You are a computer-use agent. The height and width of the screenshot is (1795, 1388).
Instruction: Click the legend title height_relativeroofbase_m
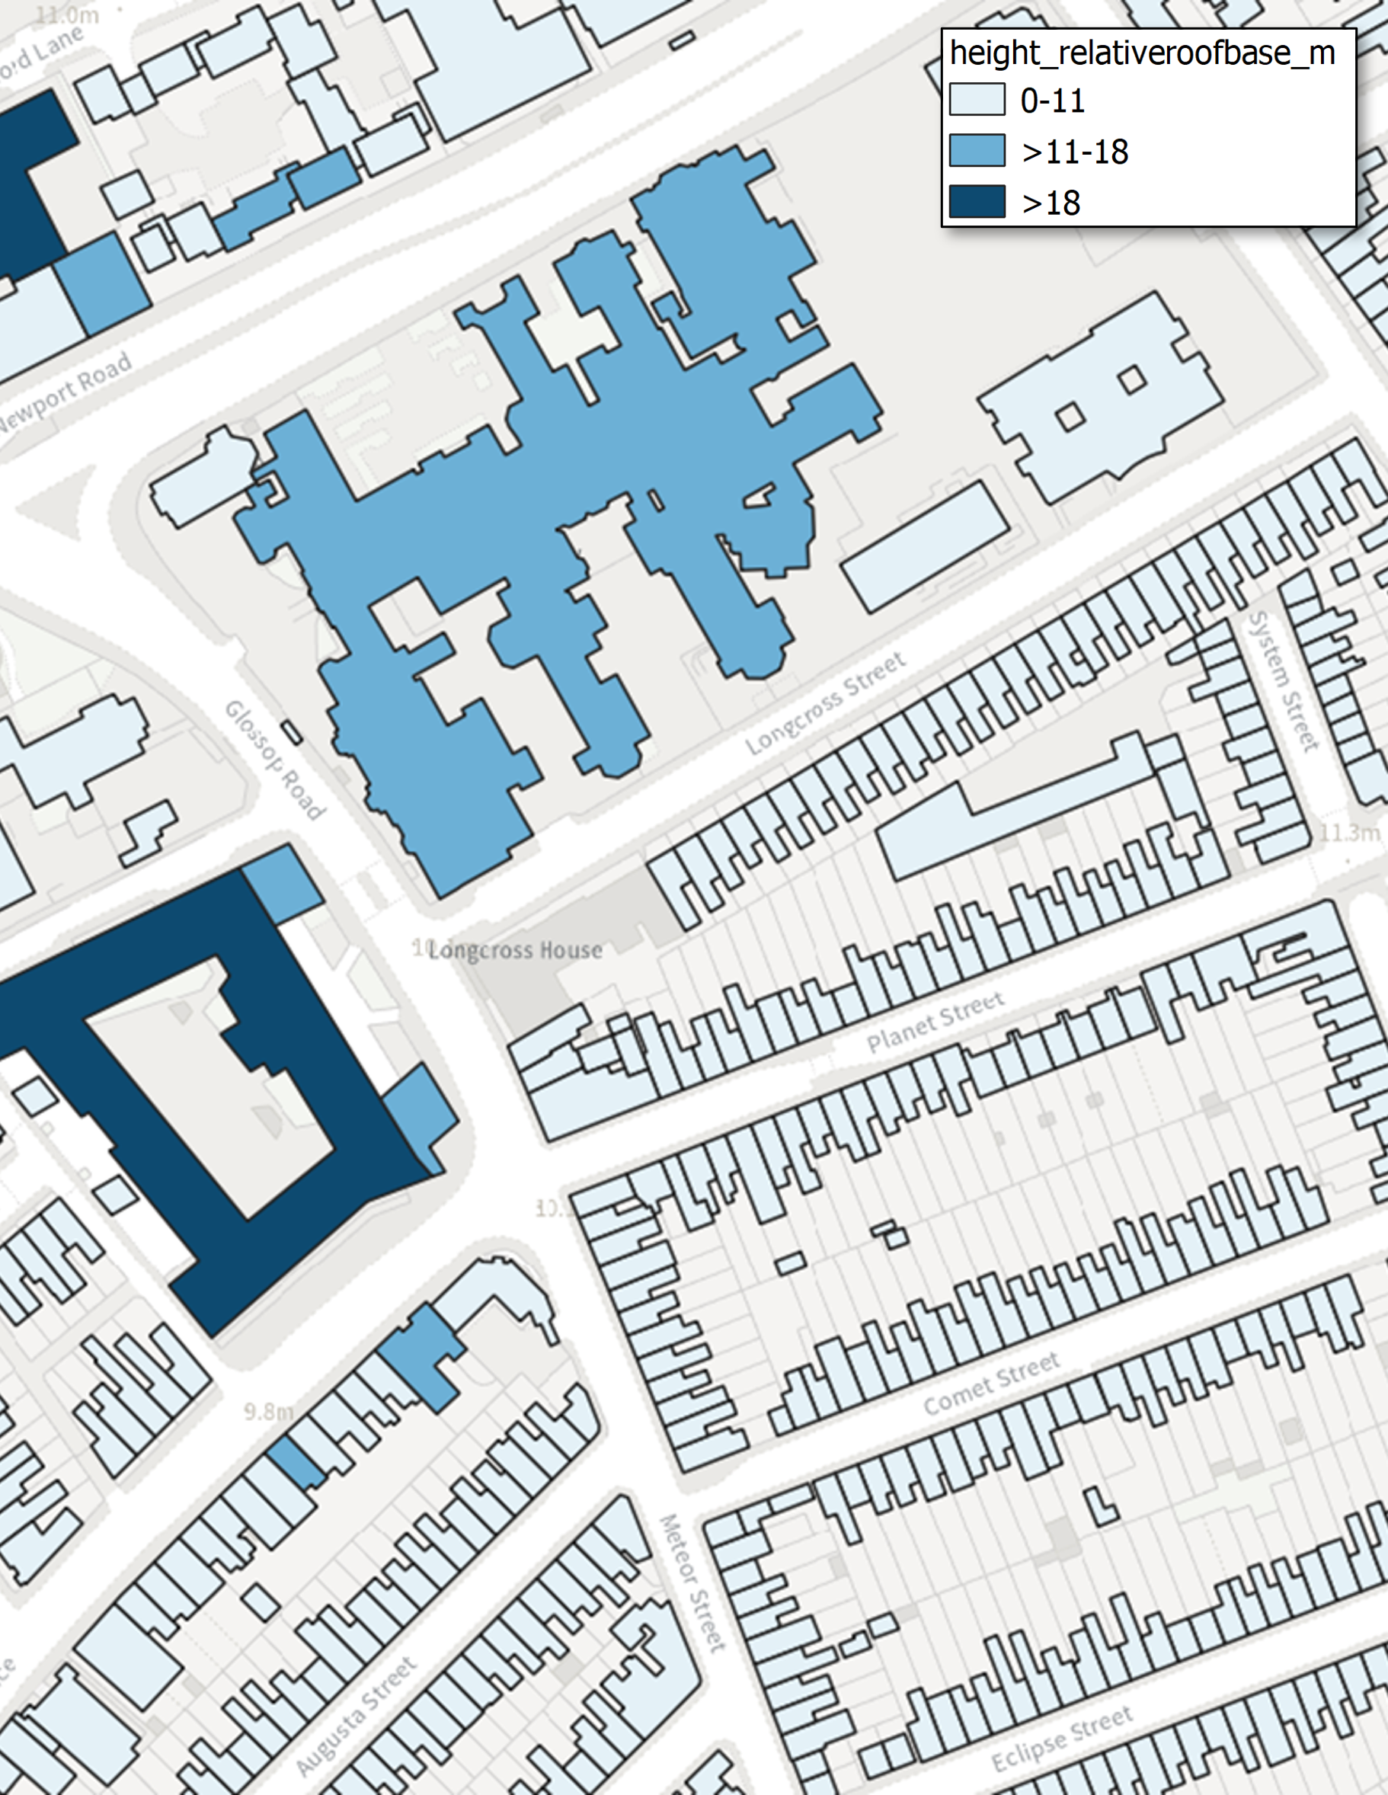[x=1142, y=53]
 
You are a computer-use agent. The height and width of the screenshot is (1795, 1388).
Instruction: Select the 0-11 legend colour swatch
[x=977, y=100]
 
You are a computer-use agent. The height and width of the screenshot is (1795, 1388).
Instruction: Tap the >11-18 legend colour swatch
[x=977, y=150]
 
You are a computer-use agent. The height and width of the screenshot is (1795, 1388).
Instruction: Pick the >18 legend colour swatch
[x=977, y=201]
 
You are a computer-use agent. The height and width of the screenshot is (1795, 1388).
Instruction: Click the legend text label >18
[x=1051, y=203]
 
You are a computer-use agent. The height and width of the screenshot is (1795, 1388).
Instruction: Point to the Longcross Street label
[x=825, y=703]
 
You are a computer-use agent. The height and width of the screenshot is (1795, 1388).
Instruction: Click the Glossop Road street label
[x=274, y=760]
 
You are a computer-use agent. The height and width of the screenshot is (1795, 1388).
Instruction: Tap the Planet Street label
[x=935, y=1022]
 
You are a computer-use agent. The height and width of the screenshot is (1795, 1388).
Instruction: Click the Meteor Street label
[x=692, y=1582]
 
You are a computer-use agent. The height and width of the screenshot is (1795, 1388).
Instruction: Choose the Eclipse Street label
[x=1062, y=1737]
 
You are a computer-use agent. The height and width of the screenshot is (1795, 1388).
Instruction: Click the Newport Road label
[x=66, y=391]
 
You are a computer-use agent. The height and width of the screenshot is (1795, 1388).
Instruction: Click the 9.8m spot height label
[x=268, y=1411]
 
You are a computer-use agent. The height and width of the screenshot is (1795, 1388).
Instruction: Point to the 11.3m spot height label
[x=1348, y=834]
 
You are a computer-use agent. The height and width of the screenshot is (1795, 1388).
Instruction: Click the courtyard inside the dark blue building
[x=206, y=1093]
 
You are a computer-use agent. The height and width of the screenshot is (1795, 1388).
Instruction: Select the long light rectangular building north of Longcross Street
[x=926, y=546]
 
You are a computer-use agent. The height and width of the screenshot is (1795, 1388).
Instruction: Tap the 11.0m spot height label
[x=67, y=14]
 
